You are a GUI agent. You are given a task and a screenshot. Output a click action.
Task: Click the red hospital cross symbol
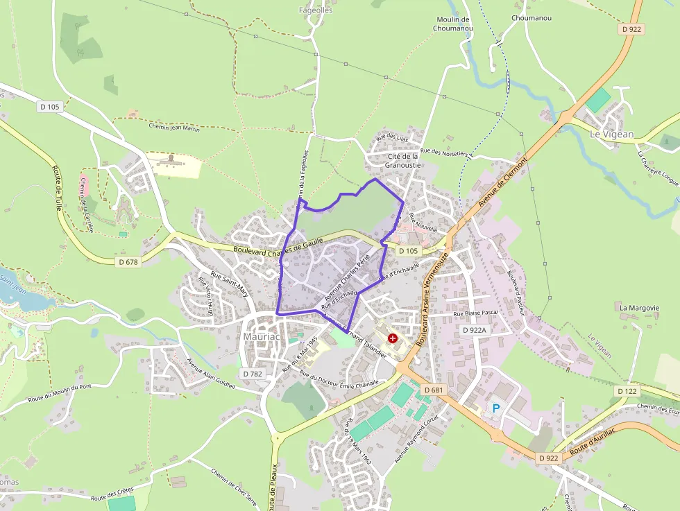pos(393,338)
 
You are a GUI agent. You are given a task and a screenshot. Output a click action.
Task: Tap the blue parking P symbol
pos(496,408)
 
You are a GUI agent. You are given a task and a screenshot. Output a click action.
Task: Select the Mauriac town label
pos(261,337)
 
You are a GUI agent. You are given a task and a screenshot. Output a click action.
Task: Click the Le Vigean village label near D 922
pos(611,134)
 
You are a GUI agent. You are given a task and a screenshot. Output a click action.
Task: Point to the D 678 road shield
pos(128,261)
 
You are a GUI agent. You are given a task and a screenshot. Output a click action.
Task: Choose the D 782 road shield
pos(253,373)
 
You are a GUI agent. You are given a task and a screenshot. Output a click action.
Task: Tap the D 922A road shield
pos(475,331)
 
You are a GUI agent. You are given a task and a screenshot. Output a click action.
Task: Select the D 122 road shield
pos(626,392)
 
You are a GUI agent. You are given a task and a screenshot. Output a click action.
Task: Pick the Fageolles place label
pos(316,10)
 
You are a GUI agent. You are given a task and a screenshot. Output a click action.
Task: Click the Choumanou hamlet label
pos(531,18)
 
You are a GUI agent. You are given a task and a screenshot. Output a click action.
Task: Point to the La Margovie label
pos(639,307)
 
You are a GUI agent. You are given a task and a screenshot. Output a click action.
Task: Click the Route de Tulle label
pos(57,188)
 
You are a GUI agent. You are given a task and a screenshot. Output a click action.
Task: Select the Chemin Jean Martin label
pos(174,127)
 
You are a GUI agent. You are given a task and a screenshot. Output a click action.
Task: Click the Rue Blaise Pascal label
pos(476,313)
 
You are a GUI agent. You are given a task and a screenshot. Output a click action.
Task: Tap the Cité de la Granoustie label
pos(403,161)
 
